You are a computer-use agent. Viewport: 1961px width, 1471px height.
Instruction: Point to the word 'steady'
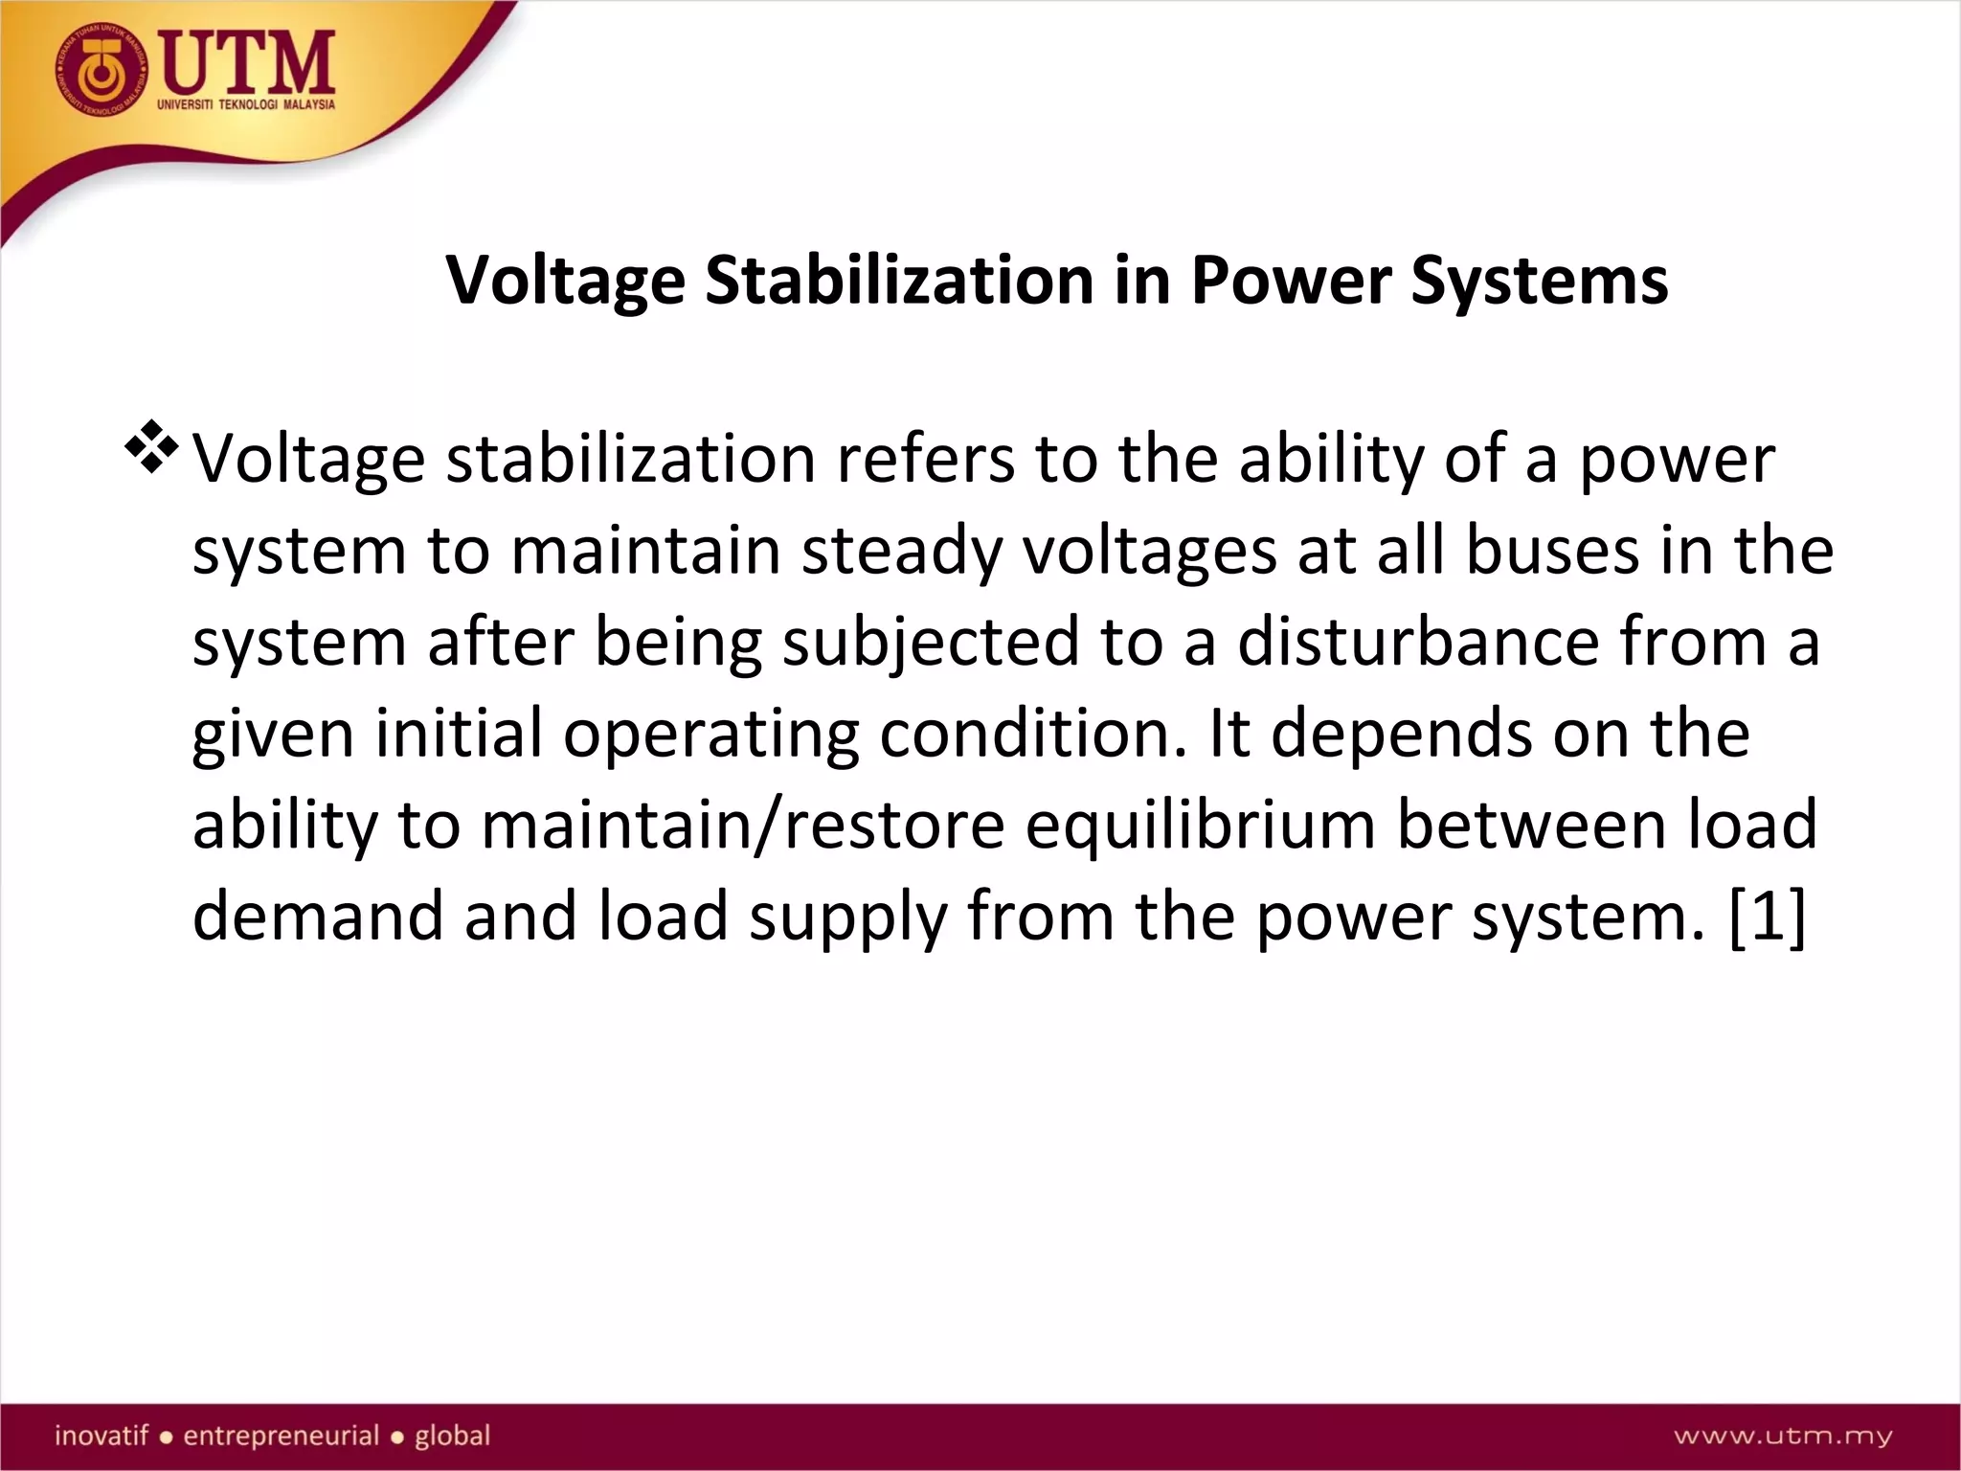tap(901, 552)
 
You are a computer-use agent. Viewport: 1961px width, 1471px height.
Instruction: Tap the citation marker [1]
tap(1768, 917)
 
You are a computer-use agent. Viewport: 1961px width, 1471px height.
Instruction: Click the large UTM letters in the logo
tap(246, 62)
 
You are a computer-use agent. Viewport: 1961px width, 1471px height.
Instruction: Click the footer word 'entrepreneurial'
tap(281, 1436)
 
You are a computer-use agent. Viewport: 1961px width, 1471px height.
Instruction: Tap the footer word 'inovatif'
tap(101, 1436)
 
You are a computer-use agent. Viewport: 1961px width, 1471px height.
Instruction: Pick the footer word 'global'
tap(452, 1436)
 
